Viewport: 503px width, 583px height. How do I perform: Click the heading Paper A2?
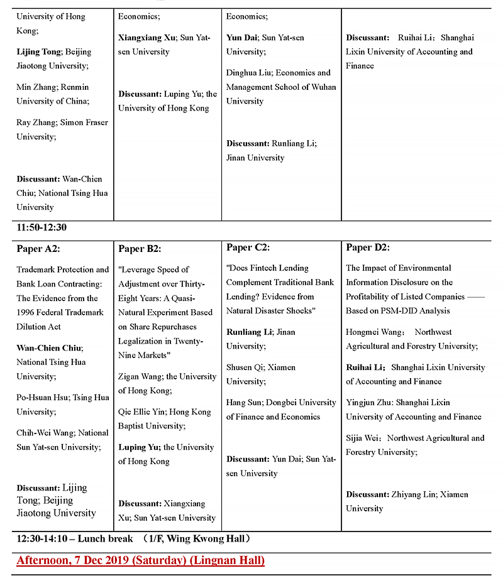pyautogui.click(x=38, y=249)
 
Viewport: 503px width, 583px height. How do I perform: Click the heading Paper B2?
pyautogui.click(x=140, y=249)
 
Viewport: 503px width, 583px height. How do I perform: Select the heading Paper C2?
pyautogui.click(x=248, y=248)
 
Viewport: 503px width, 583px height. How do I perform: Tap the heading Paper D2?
pyautogui.click(x=368, y=248)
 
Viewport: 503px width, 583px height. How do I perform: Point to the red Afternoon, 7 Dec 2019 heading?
pyautogui.click(x=140, y=560)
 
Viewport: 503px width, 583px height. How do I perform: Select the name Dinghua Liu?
pyautogui.click(x=248, y=73)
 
